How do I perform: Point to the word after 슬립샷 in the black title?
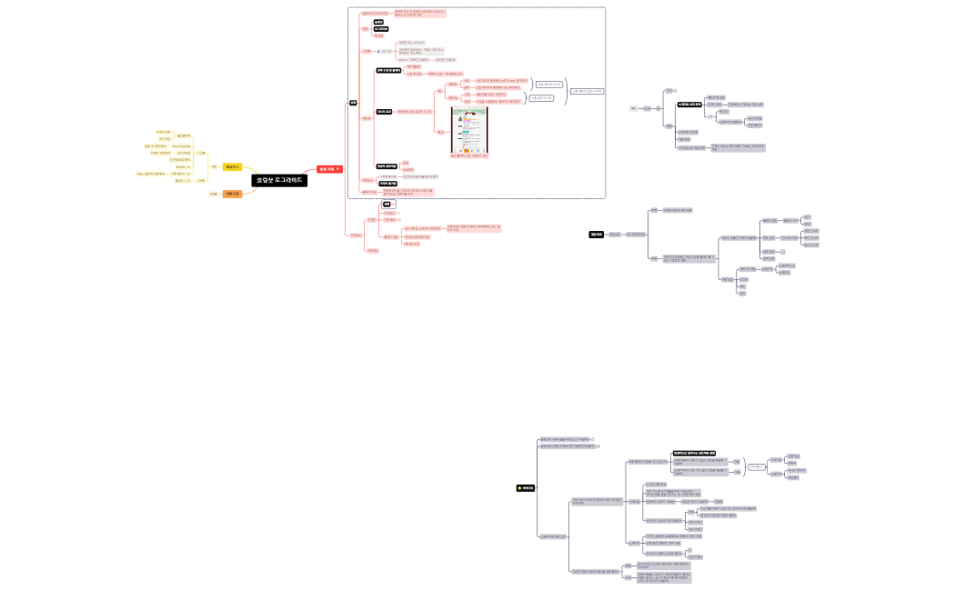pos(291,180)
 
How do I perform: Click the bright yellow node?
pos(232,166)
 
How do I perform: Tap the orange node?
pos(232,194)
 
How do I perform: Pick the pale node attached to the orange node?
pos(213,194)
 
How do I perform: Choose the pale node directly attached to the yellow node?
pos(214,166)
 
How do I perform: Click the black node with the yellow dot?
pos(526,488)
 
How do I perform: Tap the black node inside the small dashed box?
pos(386,205)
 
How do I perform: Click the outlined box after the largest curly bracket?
pos(587,91)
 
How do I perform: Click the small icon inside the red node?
pos(338,169)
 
